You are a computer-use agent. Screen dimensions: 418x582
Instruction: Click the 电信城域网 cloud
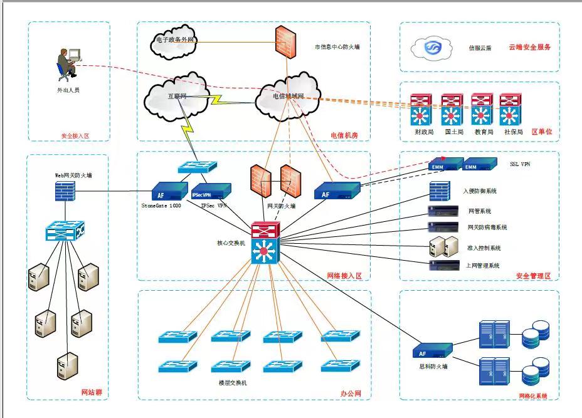tap(287, 97)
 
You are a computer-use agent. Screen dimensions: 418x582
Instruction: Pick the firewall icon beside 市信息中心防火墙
tap(285, 42)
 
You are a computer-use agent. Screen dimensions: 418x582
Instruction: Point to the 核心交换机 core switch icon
tap(264, 243)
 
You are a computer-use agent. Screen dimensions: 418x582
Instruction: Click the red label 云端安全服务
tap(530, 47)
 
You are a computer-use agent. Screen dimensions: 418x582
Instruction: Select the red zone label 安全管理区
tap(533, 276)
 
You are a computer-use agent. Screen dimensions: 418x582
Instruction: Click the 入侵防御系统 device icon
tap(438, 191)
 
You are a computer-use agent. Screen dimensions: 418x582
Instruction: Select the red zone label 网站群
tap(92, 393)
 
